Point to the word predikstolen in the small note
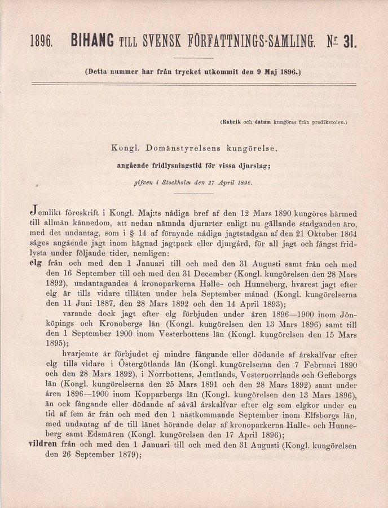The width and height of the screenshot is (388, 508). coord(329,121)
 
